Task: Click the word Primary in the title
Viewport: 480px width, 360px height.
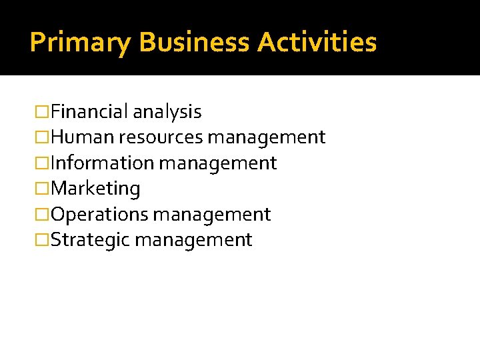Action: [81, 43]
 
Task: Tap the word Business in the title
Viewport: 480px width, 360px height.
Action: [195, 42]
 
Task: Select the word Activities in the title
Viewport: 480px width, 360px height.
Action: [317, 42]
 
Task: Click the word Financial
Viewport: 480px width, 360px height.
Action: [89, 111]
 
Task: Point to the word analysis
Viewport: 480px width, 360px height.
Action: [167, 112]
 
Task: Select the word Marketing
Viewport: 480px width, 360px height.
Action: [95, 189]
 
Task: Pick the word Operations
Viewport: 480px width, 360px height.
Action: [99, 215]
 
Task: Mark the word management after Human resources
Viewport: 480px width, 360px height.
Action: [267, 138]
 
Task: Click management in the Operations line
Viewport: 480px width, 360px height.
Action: [212, 215]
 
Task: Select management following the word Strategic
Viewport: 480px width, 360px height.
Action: [193, 240]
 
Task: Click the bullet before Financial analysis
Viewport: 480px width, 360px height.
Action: [43, 112]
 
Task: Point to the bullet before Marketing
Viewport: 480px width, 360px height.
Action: [43, 189]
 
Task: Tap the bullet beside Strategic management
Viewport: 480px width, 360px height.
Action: [43, 240]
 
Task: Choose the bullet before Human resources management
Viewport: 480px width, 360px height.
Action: [43, 138]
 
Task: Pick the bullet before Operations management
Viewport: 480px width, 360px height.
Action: [43, 215]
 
